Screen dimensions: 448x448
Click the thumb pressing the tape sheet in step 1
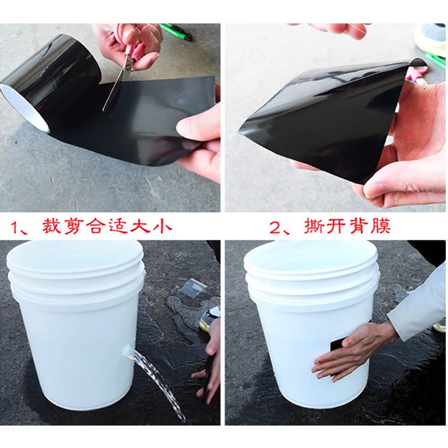click(x=194, y=127)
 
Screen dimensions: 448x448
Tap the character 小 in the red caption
click(x=163, y=228)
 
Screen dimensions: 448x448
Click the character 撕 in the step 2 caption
click(x=313, y=227)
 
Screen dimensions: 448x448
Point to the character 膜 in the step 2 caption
click(x=381, y=227)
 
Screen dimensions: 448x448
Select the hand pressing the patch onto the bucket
click(x=352, y=355)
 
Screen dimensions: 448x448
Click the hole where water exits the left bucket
click(x=126, y=350)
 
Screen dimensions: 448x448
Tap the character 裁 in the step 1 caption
click(x=52, y=228)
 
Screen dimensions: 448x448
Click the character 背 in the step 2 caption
click(x=359, y=227)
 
